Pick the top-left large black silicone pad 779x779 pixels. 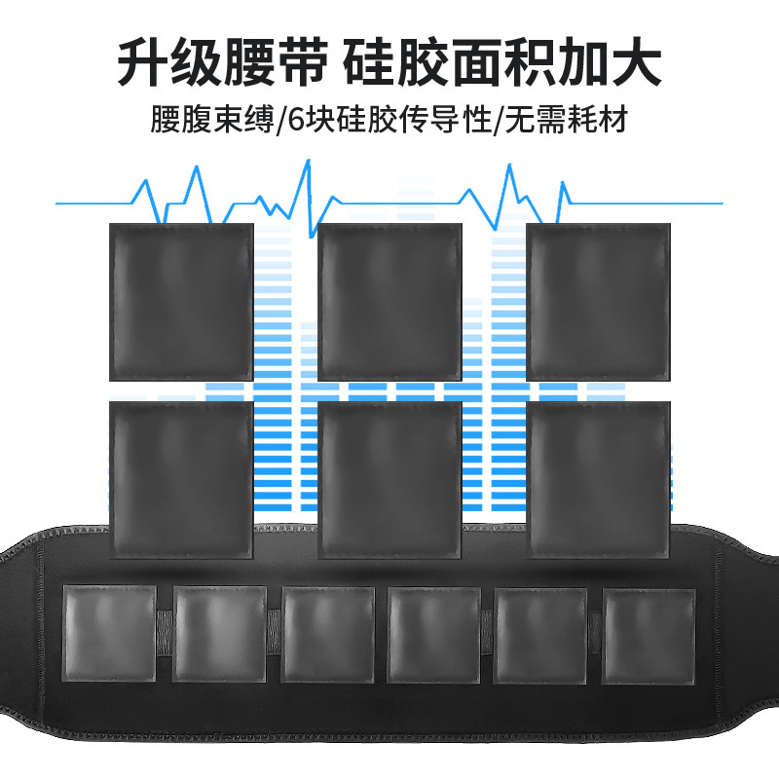(x=181, y=301)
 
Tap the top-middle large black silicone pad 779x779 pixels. (x=389, y=301)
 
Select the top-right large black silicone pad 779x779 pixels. (x=598, y=301)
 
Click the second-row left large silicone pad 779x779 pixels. (x=181, y=479)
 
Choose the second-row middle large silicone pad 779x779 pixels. (x=389, y=479)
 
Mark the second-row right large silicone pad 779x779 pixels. (x=598, y=479)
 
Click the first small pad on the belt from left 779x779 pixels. (x=110, y=634)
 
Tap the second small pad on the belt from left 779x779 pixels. (x=219, y=634)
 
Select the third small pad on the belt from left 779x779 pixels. (x=328, y=634)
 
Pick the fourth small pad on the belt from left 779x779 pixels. (x=433, y=634)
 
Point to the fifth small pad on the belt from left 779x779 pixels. (x=541, y=634)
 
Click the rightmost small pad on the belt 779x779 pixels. (x=649, y=634)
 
